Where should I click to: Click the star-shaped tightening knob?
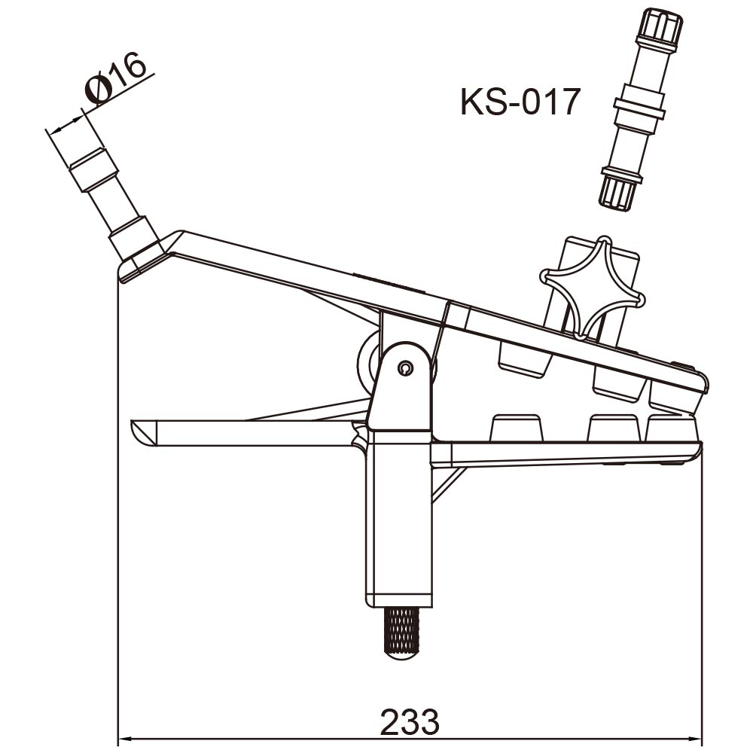pos(592,288)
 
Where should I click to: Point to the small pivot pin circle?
pos(405,368)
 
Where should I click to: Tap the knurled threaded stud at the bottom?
pos(402,634)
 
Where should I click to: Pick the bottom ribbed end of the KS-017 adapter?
pos(617,191)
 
